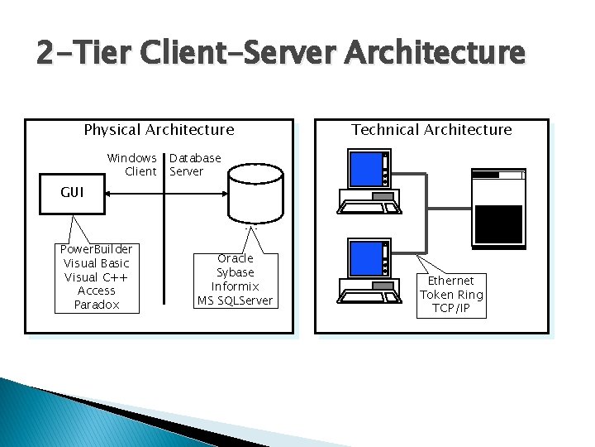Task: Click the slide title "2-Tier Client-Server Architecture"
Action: (x=280, y=54)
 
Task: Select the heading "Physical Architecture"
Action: (x=159, y=129)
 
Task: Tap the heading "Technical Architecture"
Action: (x=431, y=129)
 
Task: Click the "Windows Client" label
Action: (x=132, y=164)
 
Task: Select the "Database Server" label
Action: (x=195, y=164)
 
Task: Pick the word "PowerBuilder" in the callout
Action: (x=97, y=249)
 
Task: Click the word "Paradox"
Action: (x=97, y=305)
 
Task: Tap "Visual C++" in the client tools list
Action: (x=97, y=277)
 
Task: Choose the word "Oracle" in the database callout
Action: (x=236, y=258)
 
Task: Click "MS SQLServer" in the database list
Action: (x=236, y=300)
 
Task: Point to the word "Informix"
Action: (x=236, y=286)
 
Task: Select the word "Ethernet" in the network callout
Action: (x=451, y=281)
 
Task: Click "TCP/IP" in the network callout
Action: (x=451, y=309)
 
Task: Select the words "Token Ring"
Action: (x=451, y=295)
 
